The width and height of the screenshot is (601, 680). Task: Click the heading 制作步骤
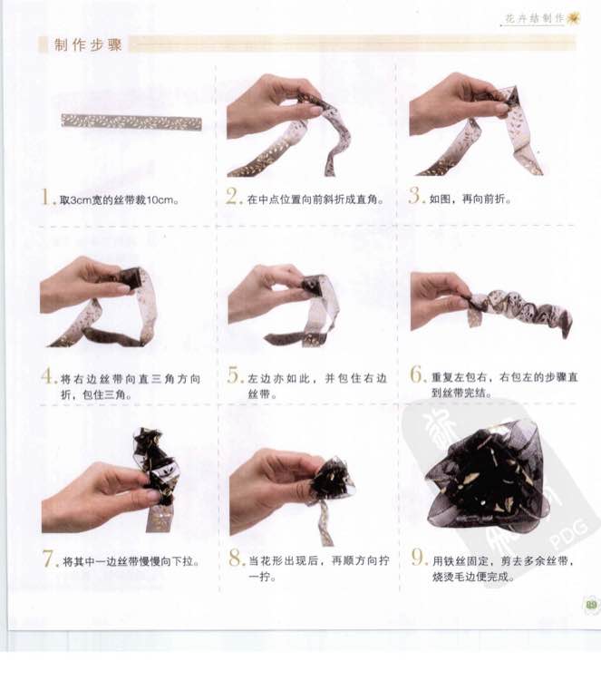[x=89, y=45]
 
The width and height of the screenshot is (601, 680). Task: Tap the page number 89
[x=591, y=605]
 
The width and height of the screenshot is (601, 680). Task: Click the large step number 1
[x=45, y=197]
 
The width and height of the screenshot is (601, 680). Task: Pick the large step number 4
[x=47, y=376]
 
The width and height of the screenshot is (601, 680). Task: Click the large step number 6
[x=417, y=374]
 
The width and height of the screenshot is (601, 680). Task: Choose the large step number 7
[x=48, y=559]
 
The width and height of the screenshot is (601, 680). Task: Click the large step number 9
[x=418, y=558]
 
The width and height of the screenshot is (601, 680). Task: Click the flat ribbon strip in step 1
[x=131, y=121]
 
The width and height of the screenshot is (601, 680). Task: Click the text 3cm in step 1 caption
[x=81, y=200]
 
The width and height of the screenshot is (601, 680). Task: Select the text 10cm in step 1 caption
[x=160, y=200]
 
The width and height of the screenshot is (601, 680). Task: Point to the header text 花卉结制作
[x=534, y=18]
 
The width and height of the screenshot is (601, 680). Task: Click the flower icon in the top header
[x=574, y=18]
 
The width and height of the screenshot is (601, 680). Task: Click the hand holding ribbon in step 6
[x=438, y=301]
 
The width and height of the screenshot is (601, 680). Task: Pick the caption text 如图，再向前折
[x=470, y=199]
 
